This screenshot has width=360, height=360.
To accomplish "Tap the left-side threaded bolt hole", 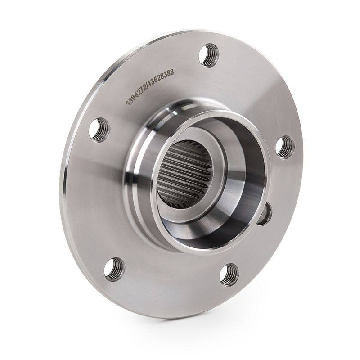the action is [x=99, y=130].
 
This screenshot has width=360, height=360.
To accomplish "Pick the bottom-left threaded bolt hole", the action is [x=115, y=269].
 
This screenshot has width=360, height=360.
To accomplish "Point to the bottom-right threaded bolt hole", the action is [x=229, y=275].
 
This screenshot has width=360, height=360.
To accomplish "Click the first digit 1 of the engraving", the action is [x=128, y=104].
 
